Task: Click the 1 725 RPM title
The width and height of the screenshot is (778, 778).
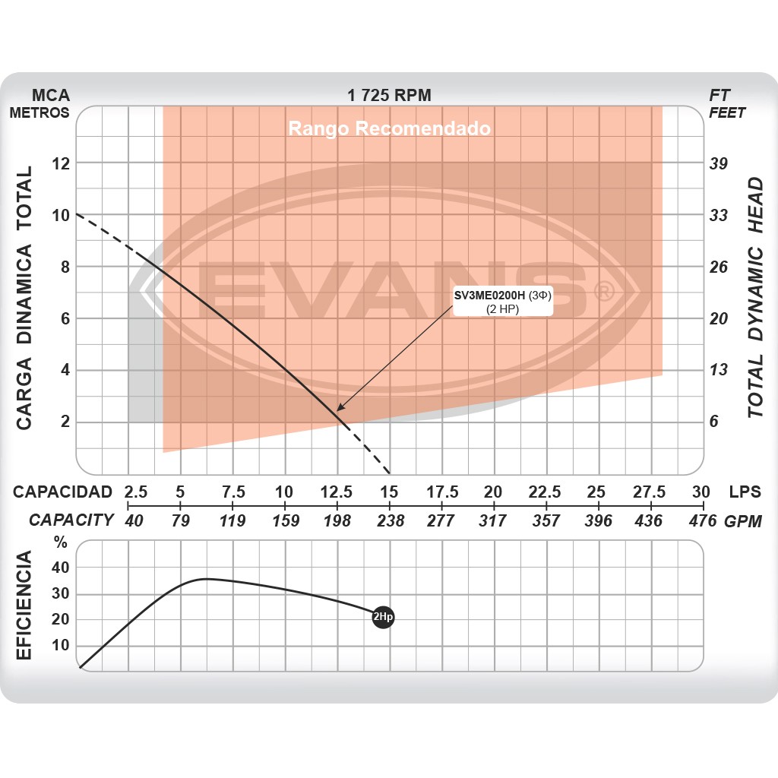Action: pos(389,96)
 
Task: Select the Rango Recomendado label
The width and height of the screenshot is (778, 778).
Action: pos(389,128)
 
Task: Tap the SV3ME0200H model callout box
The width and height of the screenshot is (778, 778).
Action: pos(501,303)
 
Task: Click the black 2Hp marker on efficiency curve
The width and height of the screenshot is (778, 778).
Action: pos(384,618)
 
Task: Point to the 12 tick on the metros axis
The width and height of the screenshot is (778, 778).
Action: pos(60,163)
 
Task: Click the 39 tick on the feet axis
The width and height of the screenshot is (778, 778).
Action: pos(718,163)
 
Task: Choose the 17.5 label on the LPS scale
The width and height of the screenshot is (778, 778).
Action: pos(442,492)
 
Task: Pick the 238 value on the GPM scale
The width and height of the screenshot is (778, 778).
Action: pos(390,520)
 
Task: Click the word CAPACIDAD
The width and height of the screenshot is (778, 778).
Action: pos(62,492)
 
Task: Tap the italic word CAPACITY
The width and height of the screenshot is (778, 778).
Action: pos(71,520)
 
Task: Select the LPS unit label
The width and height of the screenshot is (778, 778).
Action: pos(745,492)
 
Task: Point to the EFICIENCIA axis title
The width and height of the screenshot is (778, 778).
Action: pos(24,606)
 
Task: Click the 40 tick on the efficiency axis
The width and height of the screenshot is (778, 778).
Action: pos(60,568)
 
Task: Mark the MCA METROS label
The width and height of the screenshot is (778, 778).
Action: pos(40,104)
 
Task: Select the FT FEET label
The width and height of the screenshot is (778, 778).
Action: pos(726,104)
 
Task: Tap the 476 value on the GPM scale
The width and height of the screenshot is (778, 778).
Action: pos(702,520)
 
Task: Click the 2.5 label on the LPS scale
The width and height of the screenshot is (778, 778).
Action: pos(136,492)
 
